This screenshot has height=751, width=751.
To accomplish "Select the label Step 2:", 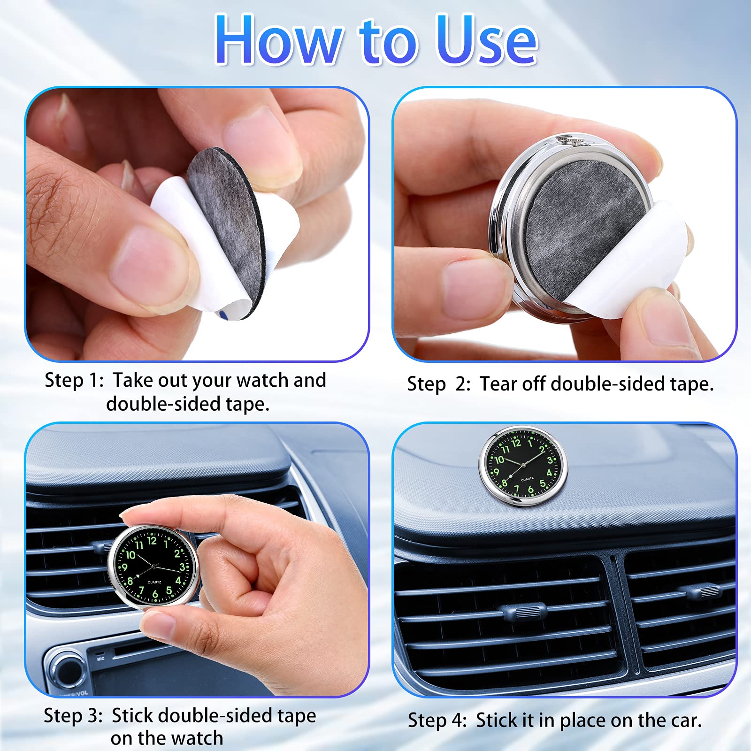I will click(x=438, y=384).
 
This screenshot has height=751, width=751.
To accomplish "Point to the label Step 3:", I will click(x=73, y=716).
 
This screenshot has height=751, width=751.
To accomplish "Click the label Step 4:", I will click(x=437, y=720).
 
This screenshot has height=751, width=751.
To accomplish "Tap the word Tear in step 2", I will click(x=498, y=384).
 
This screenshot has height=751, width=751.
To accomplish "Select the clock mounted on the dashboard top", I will click(x=523, y=466).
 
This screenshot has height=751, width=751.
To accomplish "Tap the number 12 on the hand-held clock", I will click(x=152, y=541).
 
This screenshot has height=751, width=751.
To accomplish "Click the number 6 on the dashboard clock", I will click(x=530, y=490).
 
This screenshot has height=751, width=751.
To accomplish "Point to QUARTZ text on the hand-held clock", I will click(x=154, y=582).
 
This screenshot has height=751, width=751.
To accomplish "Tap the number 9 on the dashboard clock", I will click(x=496, y=472).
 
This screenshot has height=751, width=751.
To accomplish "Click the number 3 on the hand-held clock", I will click(x=182, y=567).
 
